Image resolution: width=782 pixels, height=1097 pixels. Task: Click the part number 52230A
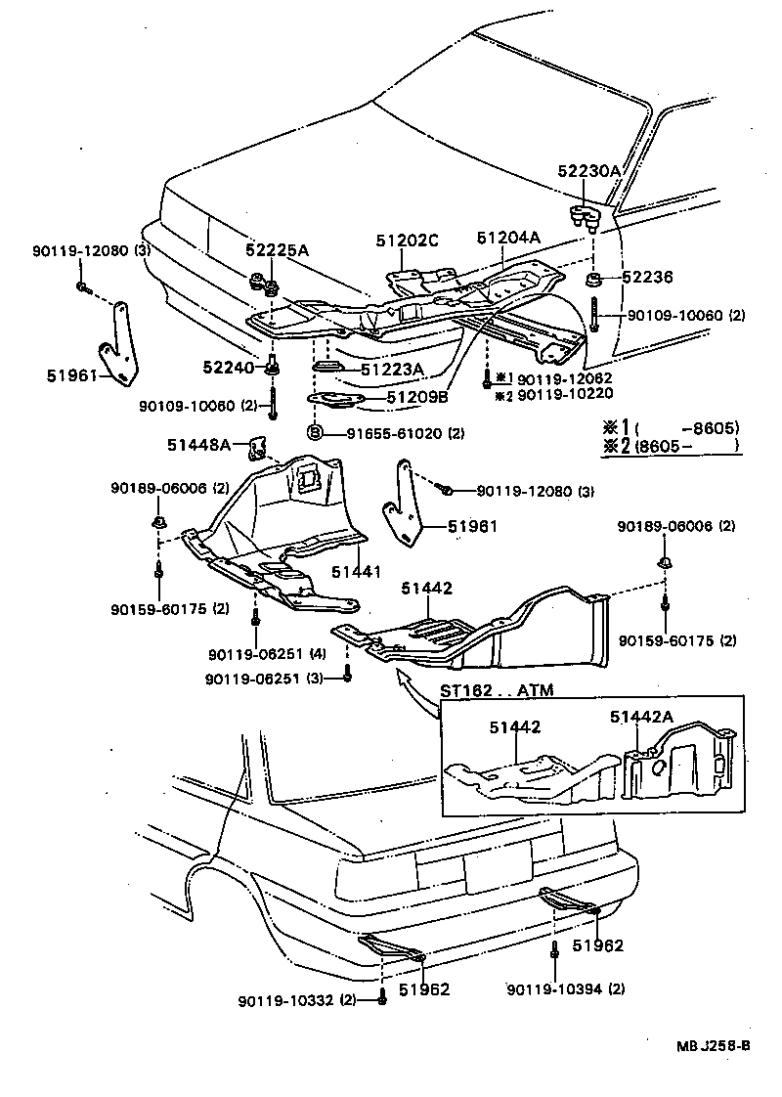pos(588,170)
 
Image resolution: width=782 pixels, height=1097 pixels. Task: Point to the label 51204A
pos(508,238)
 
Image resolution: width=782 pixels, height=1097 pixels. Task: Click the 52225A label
pos(277,251)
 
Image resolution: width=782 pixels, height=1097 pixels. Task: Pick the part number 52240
pos(228,367)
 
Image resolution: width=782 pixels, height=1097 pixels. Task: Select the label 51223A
pos(391,370)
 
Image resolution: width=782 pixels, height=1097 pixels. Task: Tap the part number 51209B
pos(416,398)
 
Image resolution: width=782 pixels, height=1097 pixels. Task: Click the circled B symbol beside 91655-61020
pos(316,432)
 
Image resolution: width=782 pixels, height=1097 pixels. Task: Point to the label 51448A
pos(198,445)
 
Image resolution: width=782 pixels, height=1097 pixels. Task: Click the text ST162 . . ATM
pos(497,690)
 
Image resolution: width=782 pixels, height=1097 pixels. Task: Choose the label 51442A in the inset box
pos(642,717)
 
